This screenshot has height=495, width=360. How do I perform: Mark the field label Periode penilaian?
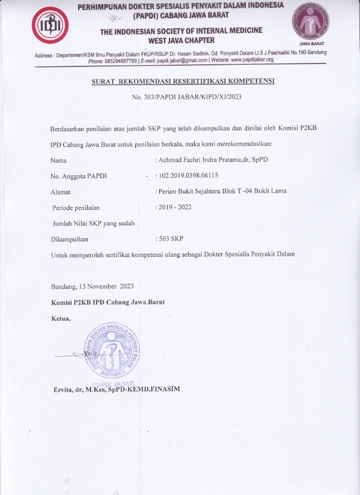coord(76,208)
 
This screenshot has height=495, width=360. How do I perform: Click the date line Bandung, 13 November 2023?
coord(93,287)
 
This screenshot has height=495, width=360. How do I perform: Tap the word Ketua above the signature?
coord(61,319)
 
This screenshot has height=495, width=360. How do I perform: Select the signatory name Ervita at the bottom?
coord(115,389)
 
